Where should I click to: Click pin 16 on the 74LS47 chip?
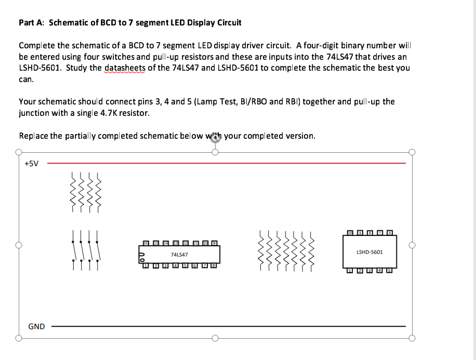[146, 243]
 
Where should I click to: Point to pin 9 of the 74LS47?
[214, 243]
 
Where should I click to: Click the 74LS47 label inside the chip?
[179, 255]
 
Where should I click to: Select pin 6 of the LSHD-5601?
[389, 233]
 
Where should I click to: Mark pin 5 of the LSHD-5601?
[389, 271]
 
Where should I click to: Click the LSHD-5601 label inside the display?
[369, 252]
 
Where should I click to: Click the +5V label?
[32, 164]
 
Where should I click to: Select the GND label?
[36, 327]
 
